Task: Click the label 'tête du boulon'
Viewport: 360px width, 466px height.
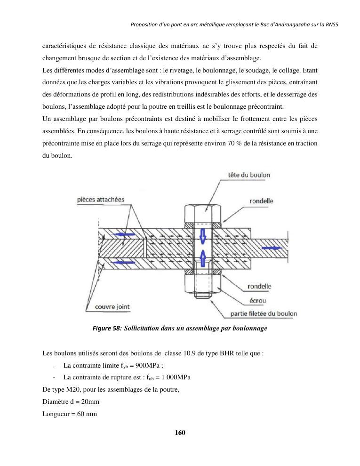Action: tap(249, 175)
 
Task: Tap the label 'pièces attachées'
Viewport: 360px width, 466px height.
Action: tap(100, 200)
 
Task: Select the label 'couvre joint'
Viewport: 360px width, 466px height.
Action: tap(112, 307)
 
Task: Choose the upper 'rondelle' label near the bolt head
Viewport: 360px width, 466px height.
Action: tap(261, 201)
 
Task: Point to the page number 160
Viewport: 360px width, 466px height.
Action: tap(180, 433)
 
